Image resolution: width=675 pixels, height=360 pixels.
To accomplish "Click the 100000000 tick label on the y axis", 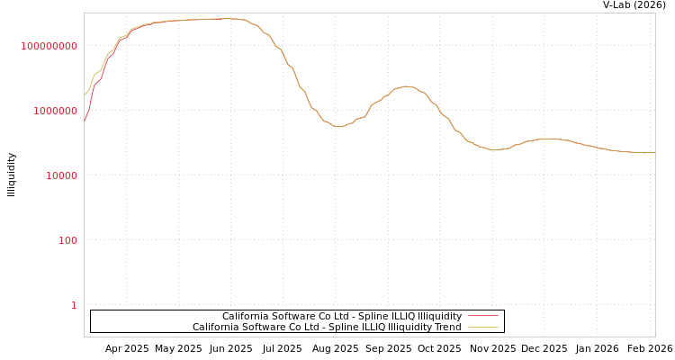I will pos(49,46).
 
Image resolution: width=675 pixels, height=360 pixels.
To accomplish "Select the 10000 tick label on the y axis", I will pos(62,175).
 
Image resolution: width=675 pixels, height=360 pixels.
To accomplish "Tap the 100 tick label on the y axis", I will pos(68,240).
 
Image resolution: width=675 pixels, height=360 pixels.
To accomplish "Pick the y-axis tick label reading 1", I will pos(74,305).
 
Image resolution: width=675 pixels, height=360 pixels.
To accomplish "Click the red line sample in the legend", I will pos(483,317).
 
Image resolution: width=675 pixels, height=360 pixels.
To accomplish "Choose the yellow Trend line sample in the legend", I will pos(483,328).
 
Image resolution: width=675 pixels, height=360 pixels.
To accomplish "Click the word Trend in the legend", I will pos(446,328).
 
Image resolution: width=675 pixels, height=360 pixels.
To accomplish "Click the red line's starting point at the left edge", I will pos(85,121).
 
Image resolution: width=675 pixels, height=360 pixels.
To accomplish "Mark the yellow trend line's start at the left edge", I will pos(85,94).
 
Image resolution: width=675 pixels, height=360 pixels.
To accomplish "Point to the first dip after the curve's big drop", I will pos(339,127).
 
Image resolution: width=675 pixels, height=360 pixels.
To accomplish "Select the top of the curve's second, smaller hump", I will pos(407,86).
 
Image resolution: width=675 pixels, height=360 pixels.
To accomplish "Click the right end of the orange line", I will pos(654,153).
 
